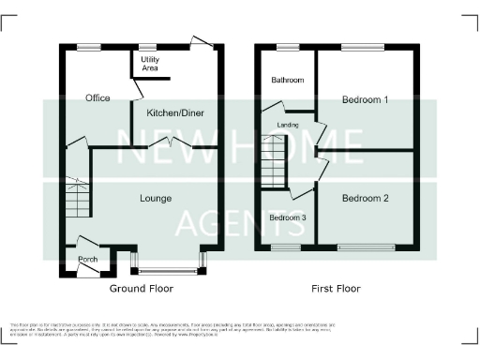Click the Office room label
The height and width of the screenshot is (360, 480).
tap(97, 98)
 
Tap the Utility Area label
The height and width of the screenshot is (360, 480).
tap(149, 64)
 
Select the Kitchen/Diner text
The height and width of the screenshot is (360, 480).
tap(175, 113)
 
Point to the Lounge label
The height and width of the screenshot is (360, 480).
tap(155, 198)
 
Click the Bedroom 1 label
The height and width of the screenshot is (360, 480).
tap(365, 99)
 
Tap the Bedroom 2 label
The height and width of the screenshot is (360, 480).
tap(365, 198)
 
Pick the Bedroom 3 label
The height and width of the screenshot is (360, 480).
tap(287, 218)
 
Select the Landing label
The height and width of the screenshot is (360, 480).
tap(289, 124)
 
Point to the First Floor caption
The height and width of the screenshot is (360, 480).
tap(337, 289)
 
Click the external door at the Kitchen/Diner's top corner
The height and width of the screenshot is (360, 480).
tap(200, 41)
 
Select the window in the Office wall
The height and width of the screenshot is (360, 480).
tap(89, 47)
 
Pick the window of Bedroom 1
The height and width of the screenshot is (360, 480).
tap(363, 47)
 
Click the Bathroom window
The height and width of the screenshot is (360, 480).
tap(286, 47)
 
